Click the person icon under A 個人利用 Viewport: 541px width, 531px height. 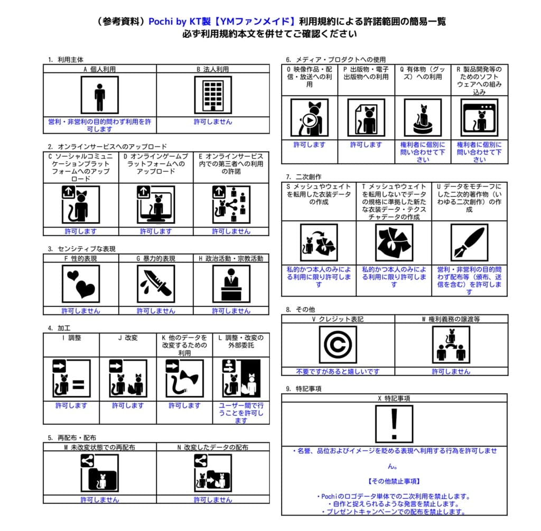pos(99,95)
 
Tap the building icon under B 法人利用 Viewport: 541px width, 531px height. pos(213,95)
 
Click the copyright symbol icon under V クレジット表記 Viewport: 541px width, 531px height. pos(338,344)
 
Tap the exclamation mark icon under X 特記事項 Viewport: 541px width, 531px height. pos(394,424)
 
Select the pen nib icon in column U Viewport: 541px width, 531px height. pos(469,243)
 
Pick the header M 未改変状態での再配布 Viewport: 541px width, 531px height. pos(99,447)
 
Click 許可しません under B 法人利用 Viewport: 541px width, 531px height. pos(213,122)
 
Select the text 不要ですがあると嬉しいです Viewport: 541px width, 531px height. pos(338,371)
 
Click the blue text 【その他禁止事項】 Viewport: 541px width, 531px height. pos(394,481)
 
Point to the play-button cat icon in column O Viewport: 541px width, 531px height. pos(310,117)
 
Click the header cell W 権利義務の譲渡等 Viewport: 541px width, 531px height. pos(451,319)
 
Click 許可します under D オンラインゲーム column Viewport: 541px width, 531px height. pos(156,231)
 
